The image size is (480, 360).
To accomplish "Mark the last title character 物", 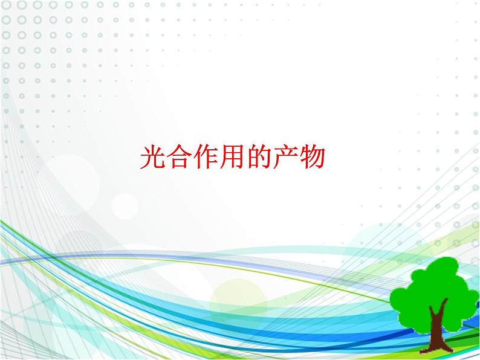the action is click(x=312, y=158).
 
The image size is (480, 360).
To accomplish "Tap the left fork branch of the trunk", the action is click(x=432, y=312).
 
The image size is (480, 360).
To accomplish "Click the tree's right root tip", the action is click(x=451, y=350).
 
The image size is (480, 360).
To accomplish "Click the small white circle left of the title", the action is click(x=125, y=207).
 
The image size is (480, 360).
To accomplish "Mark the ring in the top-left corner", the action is click(x=6, y=5).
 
